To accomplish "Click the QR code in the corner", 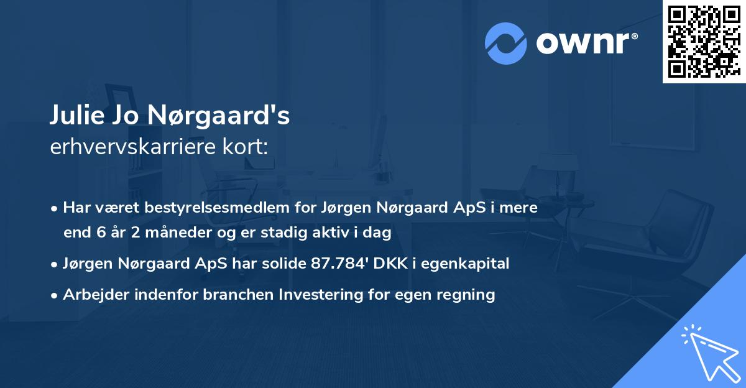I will [704, 41].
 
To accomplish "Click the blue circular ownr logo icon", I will [506, 43].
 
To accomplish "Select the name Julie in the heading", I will [75, 116].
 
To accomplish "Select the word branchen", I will [237, 295].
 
